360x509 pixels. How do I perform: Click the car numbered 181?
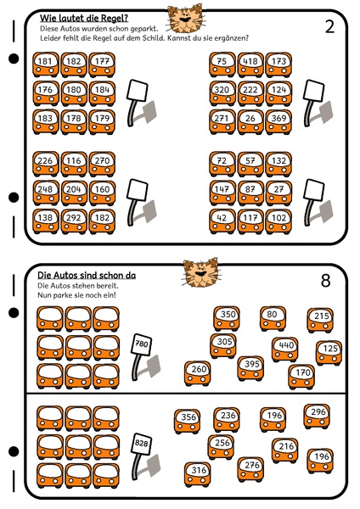[46, 64]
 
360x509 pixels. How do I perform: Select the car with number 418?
[250, 64]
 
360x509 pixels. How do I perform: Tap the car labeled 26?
[250, 121]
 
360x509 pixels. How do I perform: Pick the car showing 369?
[278, 121]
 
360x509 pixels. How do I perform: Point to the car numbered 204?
[74, 193]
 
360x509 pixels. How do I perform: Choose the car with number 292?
[74, 221]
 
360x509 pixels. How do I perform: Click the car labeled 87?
[250, 193]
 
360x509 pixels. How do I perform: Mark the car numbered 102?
[278, 221]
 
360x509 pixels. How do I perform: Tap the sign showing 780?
[141, 344]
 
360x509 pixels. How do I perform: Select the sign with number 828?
[141, 444]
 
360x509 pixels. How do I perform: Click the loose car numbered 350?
[227, 318]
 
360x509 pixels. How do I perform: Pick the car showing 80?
[273, 318]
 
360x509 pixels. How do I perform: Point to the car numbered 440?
[285, 349]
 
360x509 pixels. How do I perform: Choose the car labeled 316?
[198, 474]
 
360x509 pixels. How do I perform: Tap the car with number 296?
[317, 417]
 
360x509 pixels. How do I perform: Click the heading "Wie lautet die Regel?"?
[84, 18]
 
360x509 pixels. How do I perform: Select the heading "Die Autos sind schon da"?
[87, 276]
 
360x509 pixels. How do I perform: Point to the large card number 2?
[329, 27]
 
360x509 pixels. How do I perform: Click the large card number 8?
[325, 281]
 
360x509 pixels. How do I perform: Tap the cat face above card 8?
[200, 273]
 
